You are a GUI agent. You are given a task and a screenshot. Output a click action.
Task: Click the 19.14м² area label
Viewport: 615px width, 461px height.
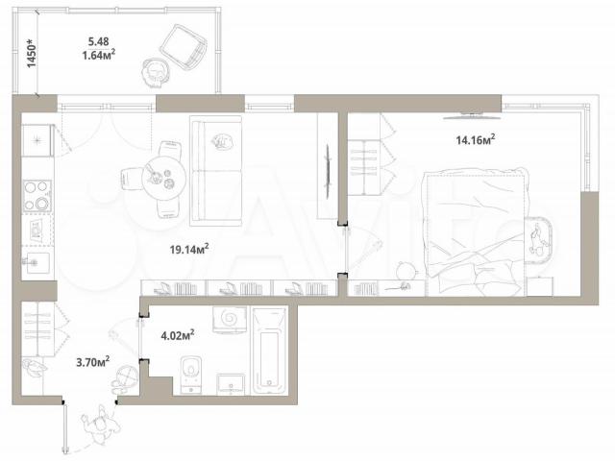tap(189, 249)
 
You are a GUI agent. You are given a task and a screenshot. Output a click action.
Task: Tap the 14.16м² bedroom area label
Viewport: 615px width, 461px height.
tap(476, 139)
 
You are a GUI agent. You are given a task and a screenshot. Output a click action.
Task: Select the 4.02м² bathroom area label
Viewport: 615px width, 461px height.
tap(178, 335)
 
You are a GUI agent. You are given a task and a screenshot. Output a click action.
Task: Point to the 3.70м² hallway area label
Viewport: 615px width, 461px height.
tap(92, 361)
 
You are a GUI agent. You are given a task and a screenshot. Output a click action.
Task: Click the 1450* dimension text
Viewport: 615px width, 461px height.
tap(32, 53)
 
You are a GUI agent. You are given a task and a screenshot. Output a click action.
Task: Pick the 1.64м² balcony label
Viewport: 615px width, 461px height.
tap(98, 55)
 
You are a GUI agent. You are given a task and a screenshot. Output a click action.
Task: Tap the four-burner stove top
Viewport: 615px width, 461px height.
tap(37, 196)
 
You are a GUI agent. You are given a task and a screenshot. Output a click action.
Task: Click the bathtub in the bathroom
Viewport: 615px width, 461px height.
tap(269, 351)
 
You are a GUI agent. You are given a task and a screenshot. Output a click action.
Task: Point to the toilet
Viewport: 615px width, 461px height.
tap(191, 375)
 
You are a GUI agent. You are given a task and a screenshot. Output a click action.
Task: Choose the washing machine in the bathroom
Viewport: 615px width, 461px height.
tap(230, 320)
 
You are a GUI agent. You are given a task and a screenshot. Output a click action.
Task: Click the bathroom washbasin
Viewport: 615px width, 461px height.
tap(231, 384)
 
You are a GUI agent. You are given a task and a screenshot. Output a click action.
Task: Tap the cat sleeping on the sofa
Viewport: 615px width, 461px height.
tap(222, 141)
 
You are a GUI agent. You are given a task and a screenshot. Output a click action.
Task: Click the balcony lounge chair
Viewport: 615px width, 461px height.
tap(184, 47)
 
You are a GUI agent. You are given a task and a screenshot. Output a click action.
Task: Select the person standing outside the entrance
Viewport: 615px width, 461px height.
tap(100, 425)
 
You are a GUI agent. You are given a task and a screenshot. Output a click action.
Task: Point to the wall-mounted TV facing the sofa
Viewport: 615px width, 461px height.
tap(327, 172)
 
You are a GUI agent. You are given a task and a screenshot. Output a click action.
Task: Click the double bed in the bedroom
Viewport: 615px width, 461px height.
tap(474, 231)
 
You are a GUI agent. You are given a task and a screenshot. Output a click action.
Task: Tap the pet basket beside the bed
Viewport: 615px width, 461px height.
tap(539, 239)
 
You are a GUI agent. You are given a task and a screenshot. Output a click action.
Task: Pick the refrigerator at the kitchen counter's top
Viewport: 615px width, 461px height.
tap(37, 140)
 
